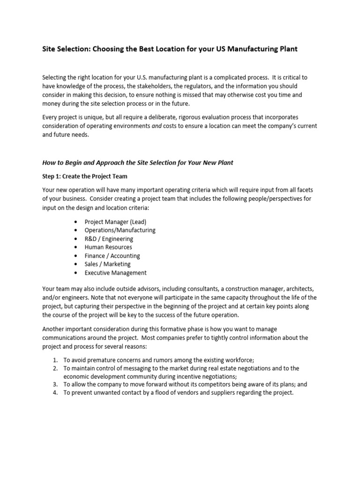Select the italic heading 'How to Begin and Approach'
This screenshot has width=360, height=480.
137,163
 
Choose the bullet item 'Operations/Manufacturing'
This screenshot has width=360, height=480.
120,230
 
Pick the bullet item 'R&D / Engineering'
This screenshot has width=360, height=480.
109,239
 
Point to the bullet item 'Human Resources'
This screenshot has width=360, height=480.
108,247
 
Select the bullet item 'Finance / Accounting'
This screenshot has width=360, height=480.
112,255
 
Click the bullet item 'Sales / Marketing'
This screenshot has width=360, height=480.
107,264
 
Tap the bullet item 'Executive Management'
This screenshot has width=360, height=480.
115,272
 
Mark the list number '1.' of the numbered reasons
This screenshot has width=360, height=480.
55,360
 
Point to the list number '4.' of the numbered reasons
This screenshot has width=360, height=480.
55,393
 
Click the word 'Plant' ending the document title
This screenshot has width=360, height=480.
287,49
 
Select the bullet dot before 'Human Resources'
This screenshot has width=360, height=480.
76,247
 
